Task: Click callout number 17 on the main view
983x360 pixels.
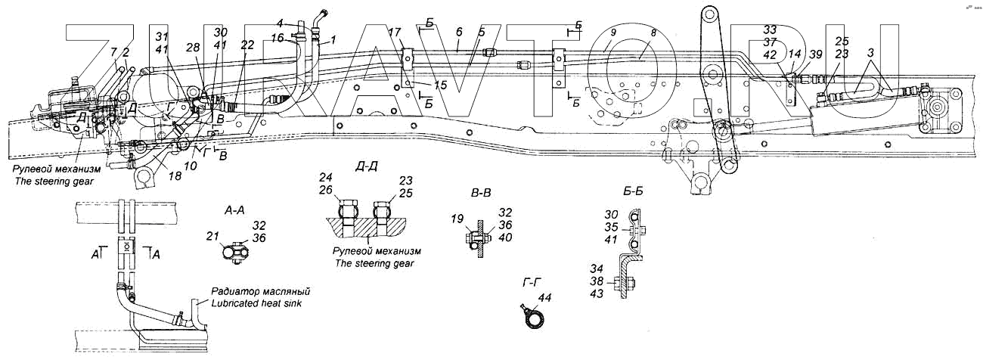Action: pyautogui.click(x=394, y=33)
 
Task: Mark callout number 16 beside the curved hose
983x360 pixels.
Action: pyautogui.click(x=277, y=37)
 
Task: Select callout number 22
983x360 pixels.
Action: pyautogui.click(x=247, y=45)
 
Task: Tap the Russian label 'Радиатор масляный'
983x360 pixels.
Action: pyautogui.click(x=261, y=291)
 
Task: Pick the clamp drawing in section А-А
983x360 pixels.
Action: pyautogui.click(x=237, y=252)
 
